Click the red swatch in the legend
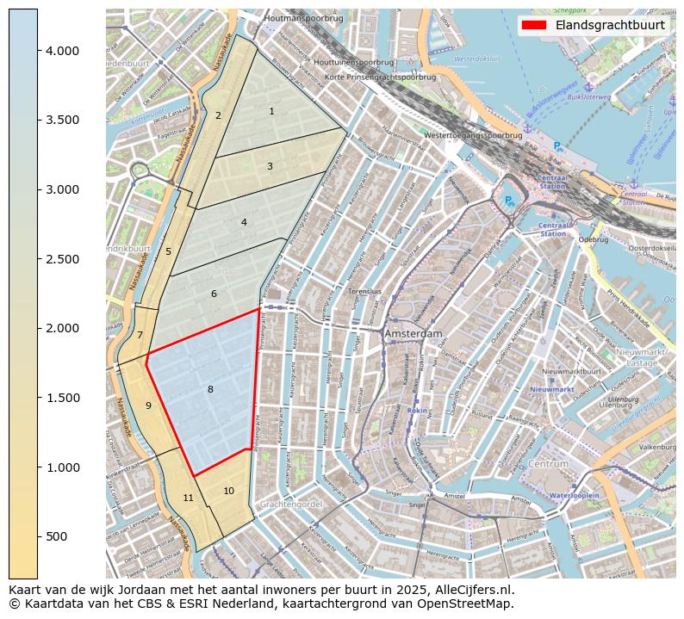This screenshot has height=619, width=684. click(x=534, y=25)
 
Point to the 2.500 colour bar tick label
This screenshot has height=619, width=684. click(x=62, y=259)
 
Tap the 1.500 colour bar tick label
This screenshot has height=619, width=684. click(x=62, y=398)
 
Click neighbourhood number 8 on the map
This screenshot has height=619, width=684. click(x=209, y=390)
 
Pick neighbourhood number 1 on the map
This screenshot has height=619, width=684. click(x=271, y=111)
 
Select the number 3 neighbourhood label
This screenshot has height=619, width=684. click(x=270, y=166)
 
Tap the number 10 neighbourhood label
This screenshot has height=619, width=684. click(x=228, y=491)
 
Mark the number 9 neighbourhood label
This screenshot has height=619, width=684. click(x=148, y=405)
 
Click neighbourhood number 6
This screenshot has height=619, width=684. click(x=214, y=294)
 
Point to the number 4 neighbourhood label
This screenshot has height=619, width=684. click(x=244, y=222)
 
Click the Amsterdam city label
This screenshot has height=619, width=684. click(x=414, y=333)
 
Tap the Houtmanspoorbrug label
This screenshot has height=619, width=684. click(x=304, y=18)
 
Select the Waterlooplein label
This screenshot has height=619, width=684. click(x=574, y=496)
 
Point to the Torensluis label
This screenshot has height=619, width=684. click(x=364, y=292)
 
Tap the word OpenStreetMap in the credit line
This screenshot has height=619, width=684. click(x=469, y=604)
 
